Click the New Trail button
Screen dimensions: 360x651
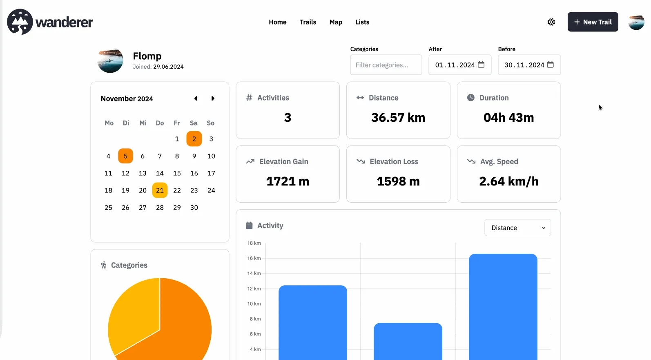pos(593,22)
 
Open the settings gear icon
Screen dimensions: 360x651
pos(551,22)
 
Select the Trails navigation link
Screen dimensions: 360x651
pos(308,22)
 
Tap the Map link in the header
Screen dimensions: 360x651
pos(336,22)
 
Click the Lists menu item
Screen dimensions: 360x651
pos(362,22)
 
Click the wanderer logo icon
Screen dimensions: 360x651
pos(20,22)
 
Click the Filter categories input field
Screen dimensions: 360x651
pos(386,65)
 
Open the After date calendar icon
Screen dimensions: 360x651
pos(481,65)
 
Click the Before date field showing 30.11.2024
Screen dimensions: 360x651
pos(524,65)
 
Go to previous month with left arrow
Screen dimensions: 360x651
pos(196,98)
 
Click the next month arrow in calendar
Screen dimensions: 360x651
pos(213,98)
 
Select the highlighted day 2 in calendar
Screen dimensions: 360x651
pos(194,139)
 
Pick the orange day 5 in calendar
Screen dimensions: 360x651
pos(125,156)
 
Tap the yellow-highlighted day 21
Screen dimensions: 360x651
pos(160,190)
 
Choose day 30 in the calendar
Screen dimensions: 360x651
pos(194,208)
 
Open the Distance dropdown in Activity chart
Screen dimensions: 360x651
pos(517,228)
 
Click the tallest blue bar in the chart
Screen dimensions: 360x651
pos(503,306)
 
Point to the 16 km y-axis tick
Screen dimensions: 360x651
pos(254,258)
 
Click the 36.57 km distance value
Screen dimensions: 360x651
pos(398,118)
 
